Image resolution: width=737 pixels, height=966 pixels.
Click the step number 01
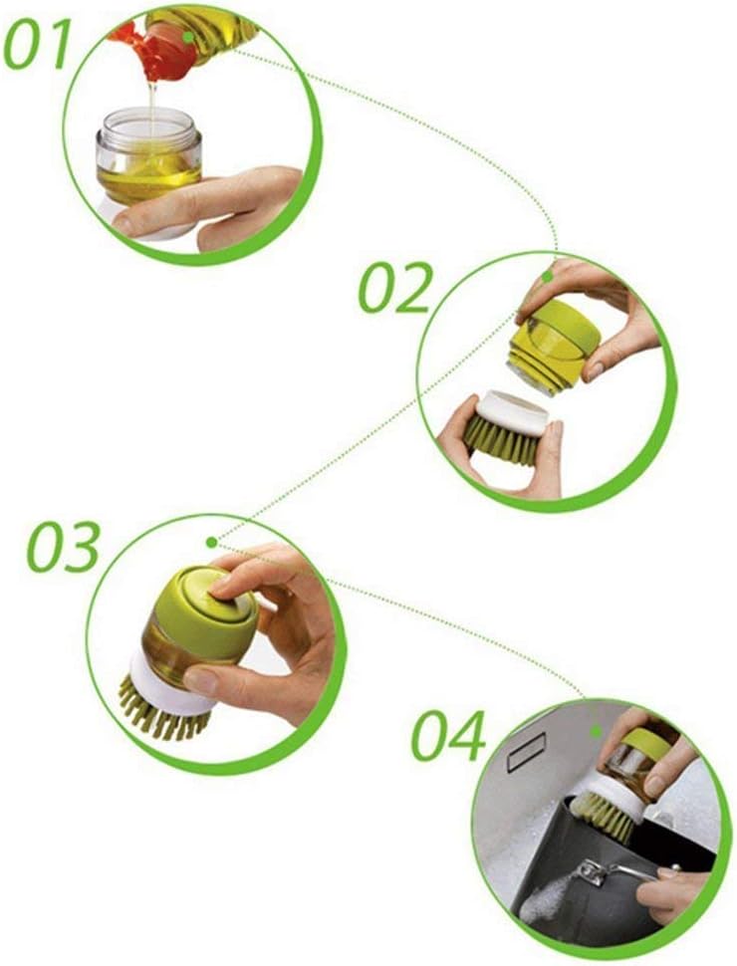38,45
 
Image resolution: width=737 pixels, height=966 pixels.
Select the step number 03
64,547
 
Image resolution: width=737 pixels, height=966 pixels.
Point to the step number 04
448,736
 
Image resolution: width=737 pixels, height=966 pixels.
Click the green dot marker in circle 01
189,37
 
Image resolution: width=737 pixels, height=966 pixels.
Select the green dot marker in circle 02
547,277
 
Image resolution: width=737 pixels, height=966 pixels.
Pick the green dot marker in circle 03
212,542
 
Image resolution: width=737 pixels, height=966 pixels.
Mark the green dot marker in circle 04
596,731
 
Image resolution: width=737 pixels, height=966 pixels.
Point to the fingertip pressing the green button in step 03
220,586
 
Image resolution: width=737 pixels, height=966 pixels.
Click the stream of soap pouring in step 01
151,108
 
